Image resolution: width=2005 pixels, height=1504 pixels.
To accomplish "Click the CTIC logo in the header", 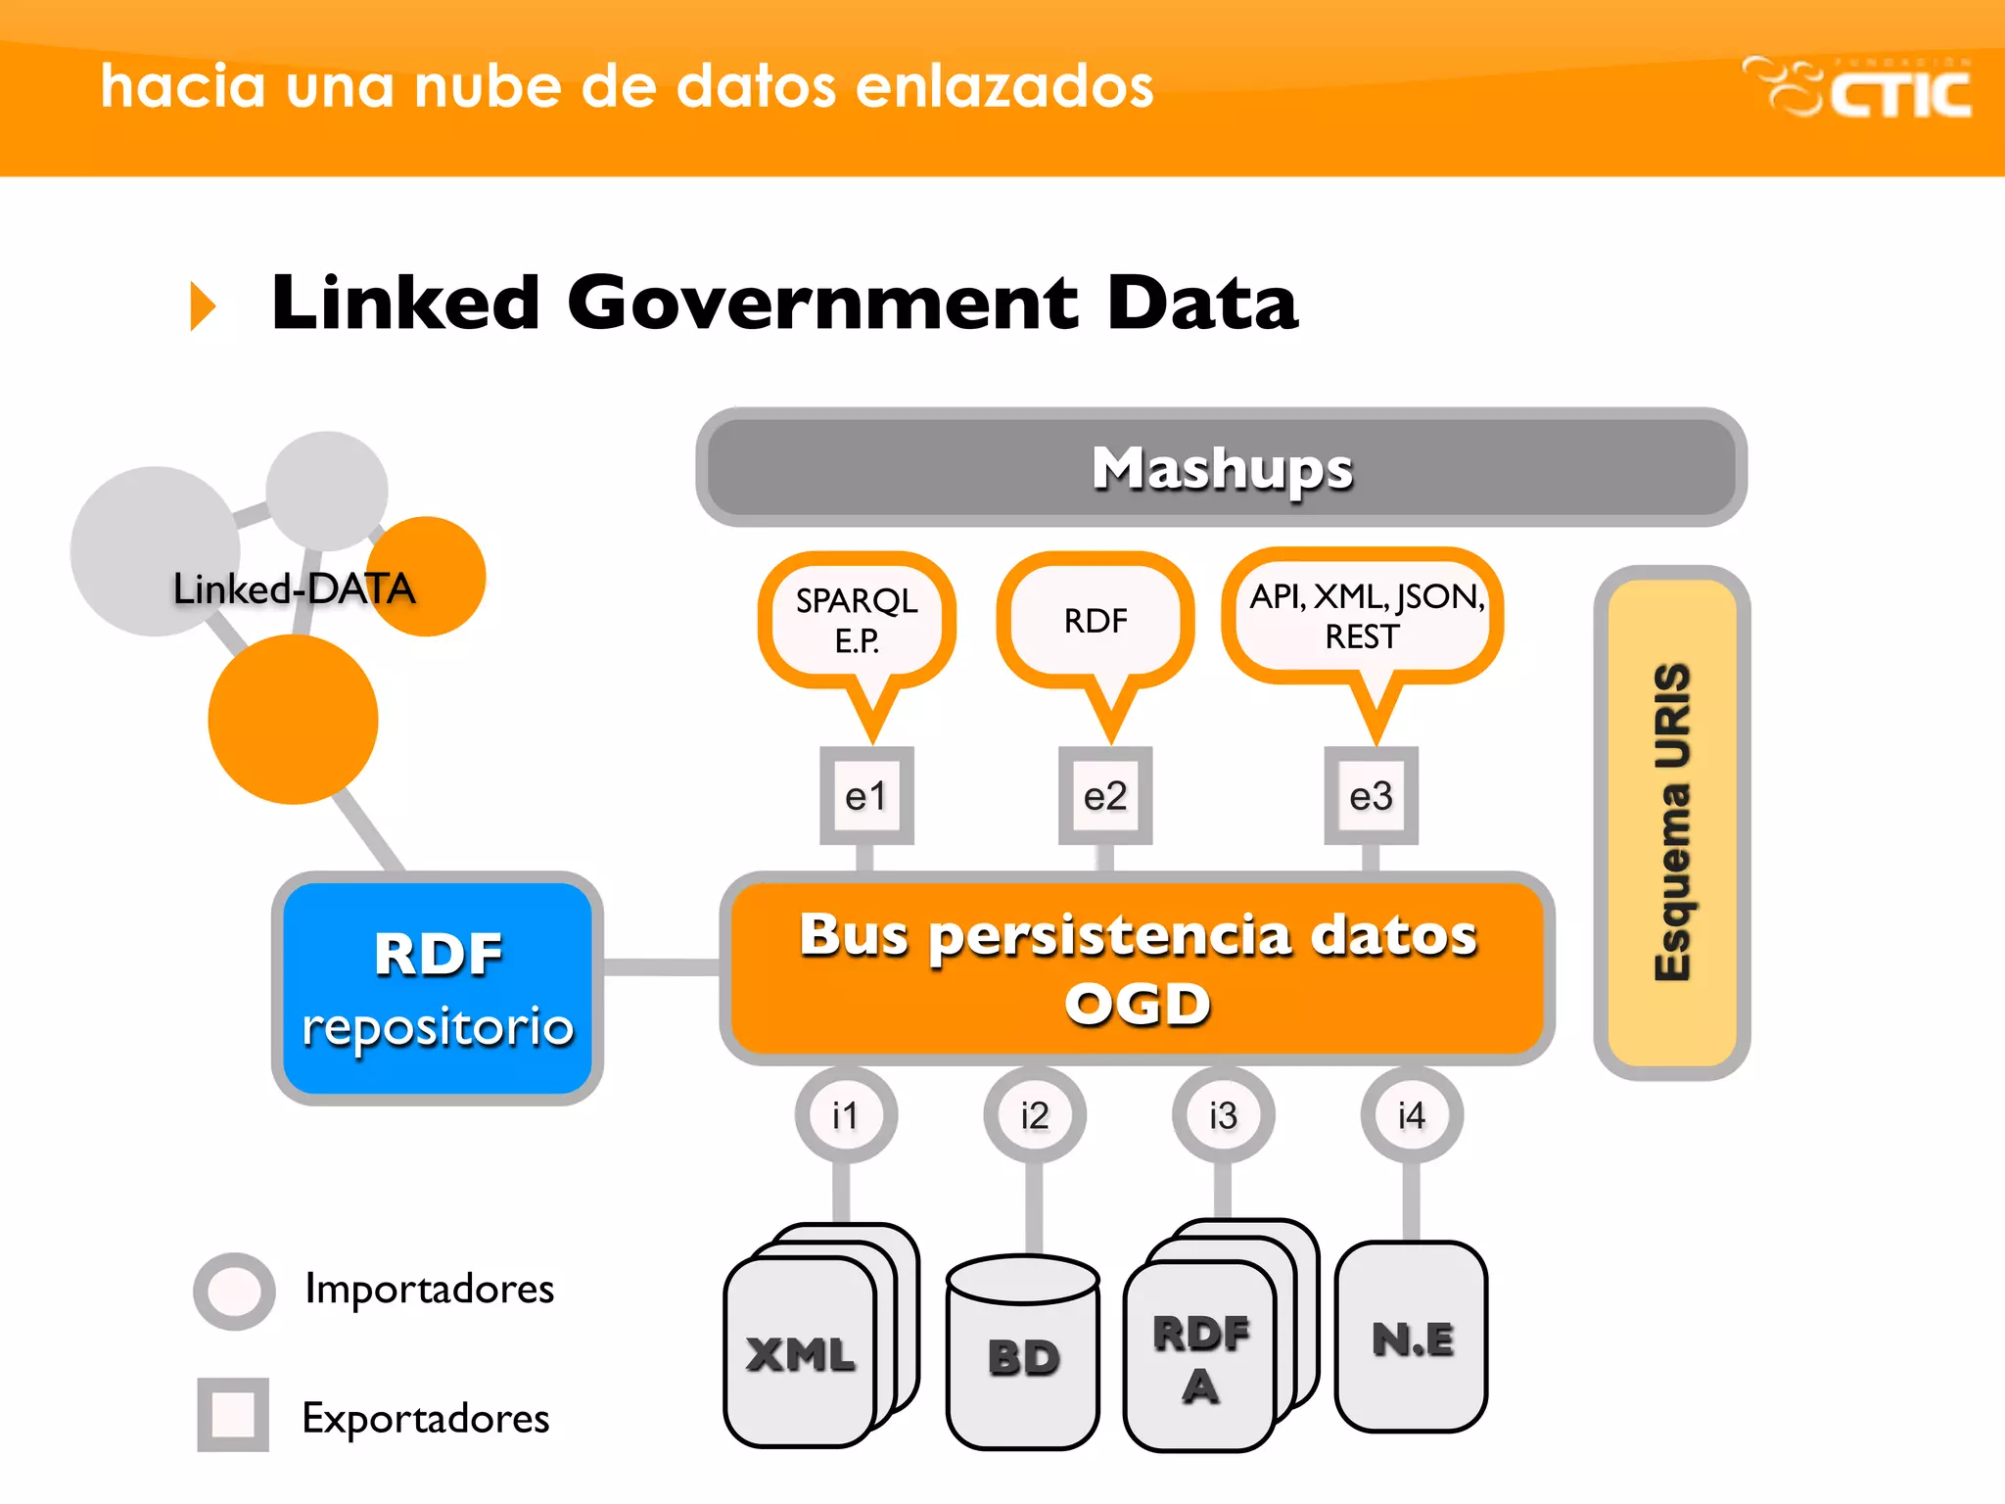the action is (x=1857, y=88).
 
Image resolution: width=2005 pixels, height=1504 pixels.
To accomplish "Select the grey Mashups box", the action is (x=1221, y=468).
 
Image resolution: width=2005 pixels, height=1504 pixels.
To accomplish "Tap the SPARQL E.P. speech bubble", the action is (x=857, y=620).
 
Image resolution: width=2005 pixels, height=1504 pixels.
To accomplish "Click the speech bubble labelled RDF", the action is (x=1096, y=620).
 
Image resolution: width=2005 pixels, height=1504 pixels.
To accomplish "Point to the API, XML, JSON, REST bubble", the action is (x=1364, y=616).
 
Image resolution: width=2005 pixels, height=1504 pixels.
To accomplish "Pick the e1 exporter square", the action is (x=866, y=796).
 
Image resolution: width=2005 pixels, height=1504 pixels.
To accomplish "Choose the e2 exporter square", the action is (x=1105, y=796).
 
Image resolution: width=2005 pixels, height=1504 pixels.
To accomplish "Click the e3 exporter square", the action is (x=1371, y=796).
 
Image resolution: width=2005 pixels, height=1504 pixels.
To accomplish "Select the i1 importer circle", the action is (x=846, y=1115).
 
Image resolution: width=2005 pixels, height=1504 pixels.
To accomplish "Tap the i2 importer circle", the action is (x=1035, y=1115).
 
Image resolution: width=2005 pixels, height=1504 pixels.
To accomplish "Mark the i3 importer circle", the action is (x=1223, y=1115).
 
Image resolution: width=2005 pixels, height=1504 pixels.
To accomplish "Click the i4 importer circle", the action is (x=1412, y=1115).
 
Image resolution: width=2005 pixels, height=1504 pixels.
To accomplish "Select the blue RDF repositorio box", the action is (x=438, y=989).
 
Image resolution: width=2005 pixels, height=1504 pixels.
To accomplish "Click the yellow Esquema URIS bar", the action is (x=1672, y=822).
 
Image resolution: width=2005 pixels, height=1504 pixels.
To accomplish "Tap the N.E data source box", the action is (x=1412, y=1338).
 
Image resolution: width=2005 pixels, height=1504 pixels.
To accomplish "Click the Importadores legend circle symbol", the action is (x=234, y=1291).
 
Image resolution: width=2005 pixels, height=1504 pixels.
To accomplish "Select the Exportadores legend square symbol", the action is (x=233, y=1415).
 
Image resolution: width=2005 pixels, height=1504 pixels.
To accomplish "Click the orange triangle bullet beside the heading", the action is (x=201, y=305).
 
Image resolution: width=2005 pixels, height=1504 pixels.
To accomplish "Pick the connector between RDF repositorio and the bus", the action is (x=662, y=967).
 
